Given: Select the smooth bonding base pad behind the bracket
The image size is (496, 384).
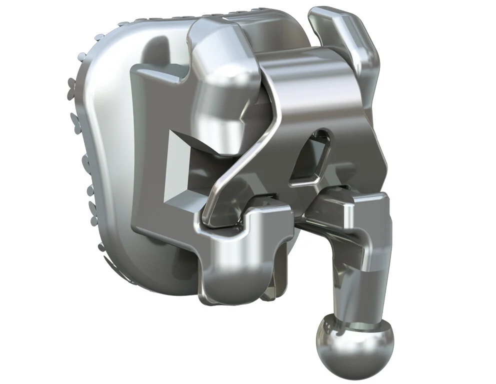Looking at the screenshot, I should (110, 150).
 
